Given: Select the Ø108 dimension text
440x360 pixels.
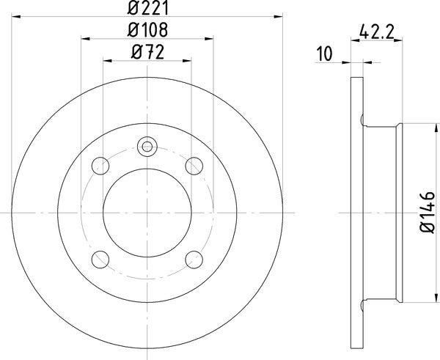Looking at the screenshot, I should pos(147,30).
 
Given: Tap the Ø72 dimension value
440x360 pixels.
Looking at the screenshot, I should pos(147,52).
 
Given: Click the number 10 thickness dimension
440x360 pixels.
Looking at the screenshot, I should pos(323,54).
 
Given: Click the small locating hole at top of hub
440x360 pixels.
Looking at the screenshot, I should pos(147,145).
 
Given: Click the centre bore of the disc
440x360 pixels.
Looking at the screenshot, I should pos(147,213).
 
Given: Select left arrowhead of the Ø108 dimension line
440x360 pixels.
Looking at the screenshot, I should pos(84,39).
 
